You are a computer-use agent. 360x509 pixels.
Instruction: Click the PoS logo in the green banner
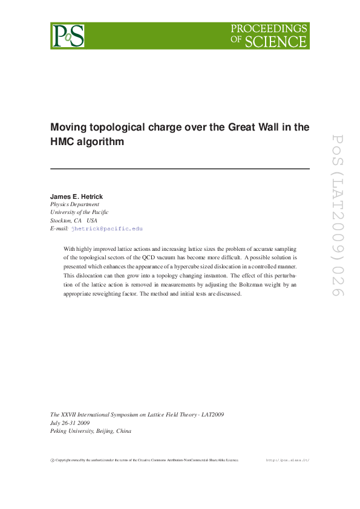point(68,36)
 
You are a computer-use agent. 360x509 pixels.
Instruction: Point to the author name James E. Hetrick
point(77,196)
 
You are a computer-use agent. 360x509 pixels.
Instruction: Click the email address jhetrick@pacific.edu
point(107,229)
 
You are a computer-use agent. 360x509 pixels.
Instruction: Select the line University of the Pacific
point(79,212)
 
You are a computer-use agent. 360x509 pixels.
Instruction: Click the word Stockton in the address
point(60,221)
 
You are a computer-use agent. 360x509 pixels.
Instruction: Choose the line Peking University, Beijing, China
point(90,432)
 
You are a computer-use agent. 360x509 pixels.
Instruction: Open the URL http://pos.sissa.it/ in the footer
point(288,461)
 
